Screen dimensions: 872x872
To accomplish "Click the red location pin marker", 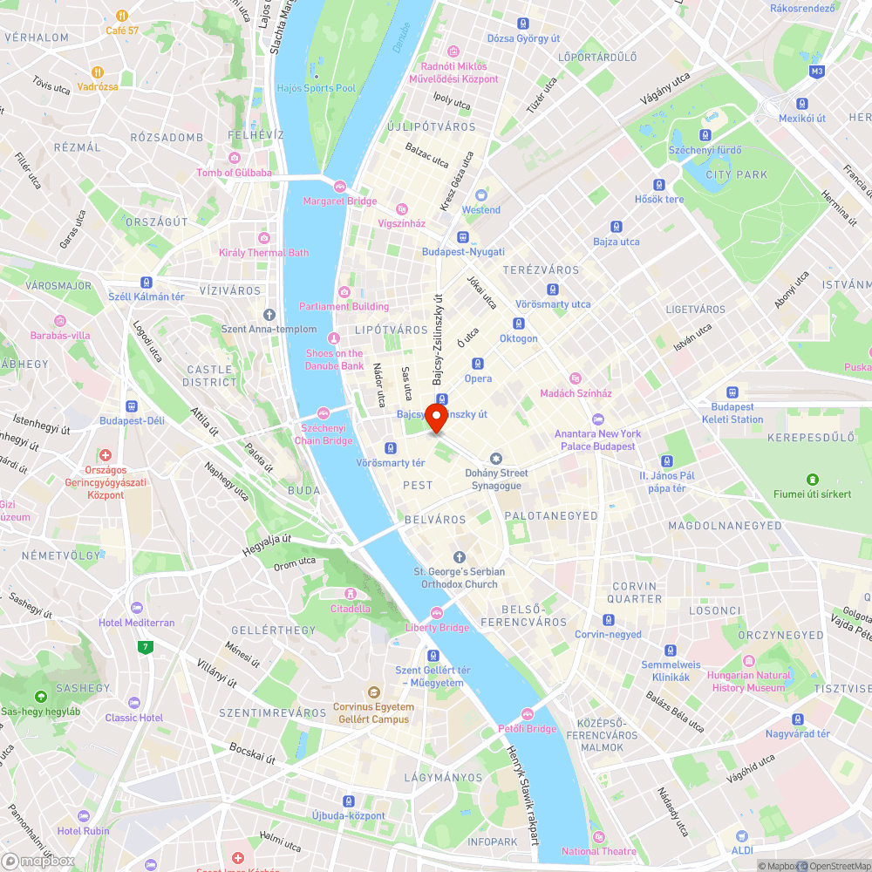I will [436, 415].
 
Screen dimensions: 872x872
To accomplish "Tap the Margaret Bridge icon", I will [339, 186].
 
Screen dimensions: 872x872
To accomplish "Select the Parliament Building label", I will [344, 306].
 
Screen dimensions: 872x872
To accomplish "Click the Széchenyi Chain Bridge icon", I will [324, 412].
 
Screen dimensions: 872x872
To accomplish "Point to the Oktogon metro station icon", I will [518, 324].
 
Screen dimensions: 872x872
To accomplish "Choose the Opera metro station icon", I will [477, 364].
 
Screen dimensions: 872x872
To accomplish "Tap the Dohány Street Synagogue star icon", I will [496, 459].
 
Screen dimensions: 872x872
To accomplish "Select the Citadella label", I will [350, 609].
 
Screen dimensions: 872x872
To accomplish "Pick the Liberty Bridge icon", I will [437, 612].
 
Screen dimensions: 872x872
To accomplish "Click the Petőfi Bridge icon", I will [527, 714].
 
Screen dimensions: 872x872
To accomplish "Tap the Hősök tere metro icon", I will [659, 184].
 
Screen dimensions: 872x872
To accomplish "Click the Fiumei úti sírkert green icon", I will [813, 480].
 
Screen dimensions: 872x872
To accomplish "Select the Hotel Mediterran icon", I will [135, 608].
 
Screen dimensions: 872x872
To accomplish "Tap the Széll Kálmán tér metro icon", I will [146, 283].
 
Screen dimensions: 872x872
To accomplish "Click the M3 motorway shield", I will [816, 72].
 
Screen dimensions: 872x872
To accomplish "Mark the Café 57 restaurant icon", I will [122, 16].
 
